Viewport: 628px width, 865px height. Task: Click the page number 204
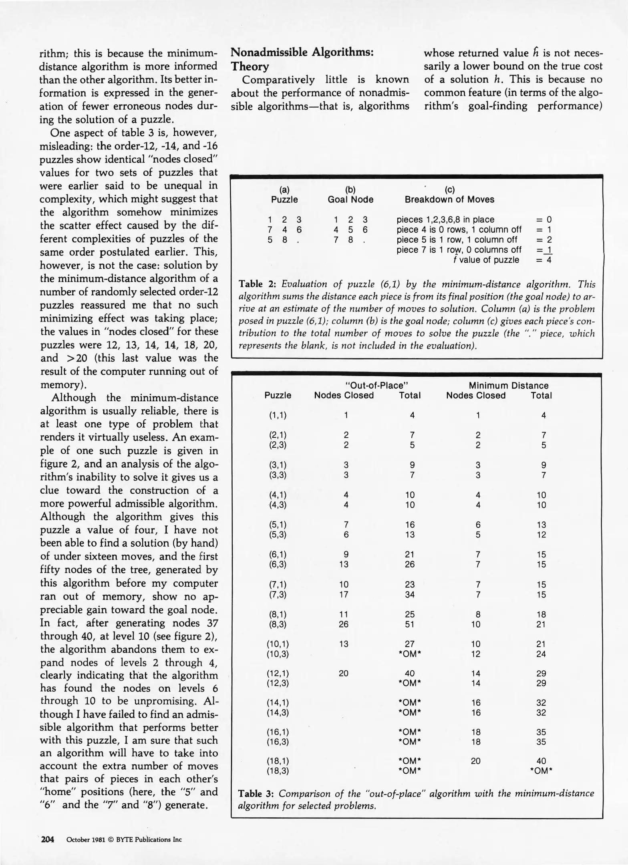coord(48,839)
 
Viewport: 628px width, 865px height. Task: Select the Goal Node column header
coord(350,199)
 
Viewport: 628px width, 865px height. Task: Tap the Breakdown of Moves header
coord(449,199)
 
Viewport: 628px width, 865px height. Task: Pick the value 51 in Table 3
coord(410,624)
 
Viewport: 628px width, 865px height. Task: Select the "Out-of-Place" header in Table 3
coord(376,385)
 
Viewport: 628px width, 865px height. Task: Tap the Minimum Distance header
coord(508,385)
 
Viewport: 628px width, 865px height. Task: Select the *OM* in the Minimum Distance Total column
coord(541,771)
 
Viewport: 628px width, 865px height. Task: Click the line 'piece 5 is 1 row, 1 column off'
coord(457,240)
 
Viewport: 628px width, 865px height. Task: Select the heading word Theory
coord(250,66)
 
